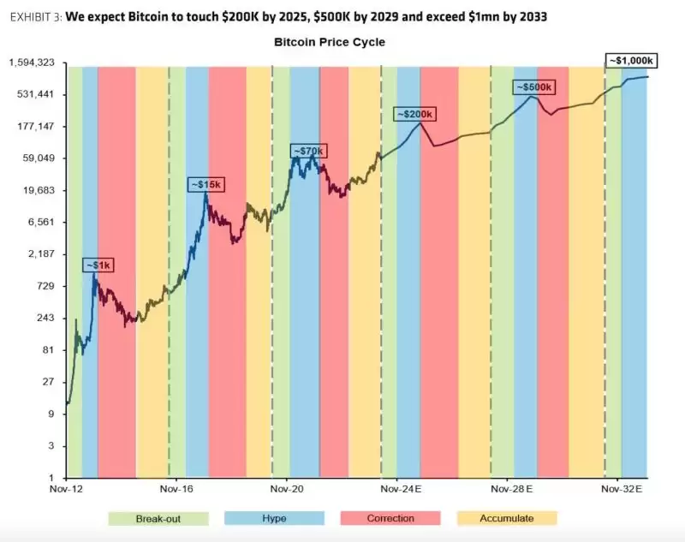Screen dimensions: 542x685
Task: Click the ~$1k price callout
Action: pos(98,265)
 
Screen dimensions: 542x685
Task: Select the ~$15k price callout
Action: pos(205,185)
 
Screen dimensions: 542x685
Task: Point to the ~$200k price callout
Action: pos(414,115)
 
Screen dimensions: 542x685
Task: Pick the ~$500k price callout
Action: pos(534,87)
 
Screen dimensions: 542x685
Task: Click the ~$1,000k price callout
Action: pos(632,61)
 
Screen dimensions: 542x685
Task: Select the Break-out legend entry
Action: pos(158,518)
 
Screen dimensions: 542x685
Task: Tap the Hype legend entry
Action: pos(274,518)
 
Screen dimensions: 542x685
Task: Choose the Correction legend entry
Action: pos(390,518)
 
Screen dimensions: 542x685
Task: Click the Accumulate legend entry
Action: pos(506,518)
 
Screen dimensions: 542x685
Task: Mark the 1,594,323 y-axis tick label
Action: pos(32,63)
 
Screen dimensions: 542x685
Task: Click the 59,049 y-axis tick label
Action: pos(39,158)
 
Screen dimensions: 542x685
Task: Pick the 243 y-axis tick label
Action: pos(45,318)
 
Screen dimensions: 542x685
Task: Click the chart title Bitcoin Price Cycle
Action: pos(330,41)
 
